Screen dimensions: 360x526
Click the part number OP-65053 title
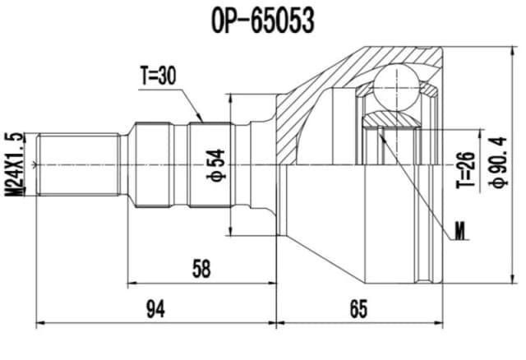(x=262, y=21)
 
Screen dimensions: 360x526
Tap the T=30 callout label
(x=157, y=76)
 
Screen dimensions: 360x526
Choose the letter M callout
(x=459, y=231)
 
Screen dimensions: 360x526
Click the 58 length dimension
(x=200, y=269)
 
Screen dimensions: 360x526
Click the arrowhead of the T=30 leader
(x=201, y=121)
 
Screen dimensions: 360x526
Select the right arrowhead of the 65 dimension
(x=442, y=321)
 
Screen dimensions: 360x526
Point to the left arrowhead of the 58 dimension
(x=129, y=281)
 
